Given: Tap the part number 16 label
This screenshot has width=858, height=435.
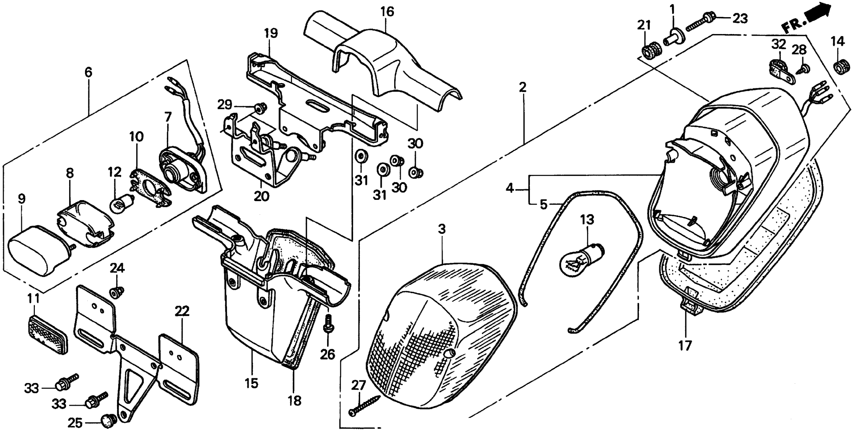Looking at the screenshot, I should [x=387, y=12].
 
